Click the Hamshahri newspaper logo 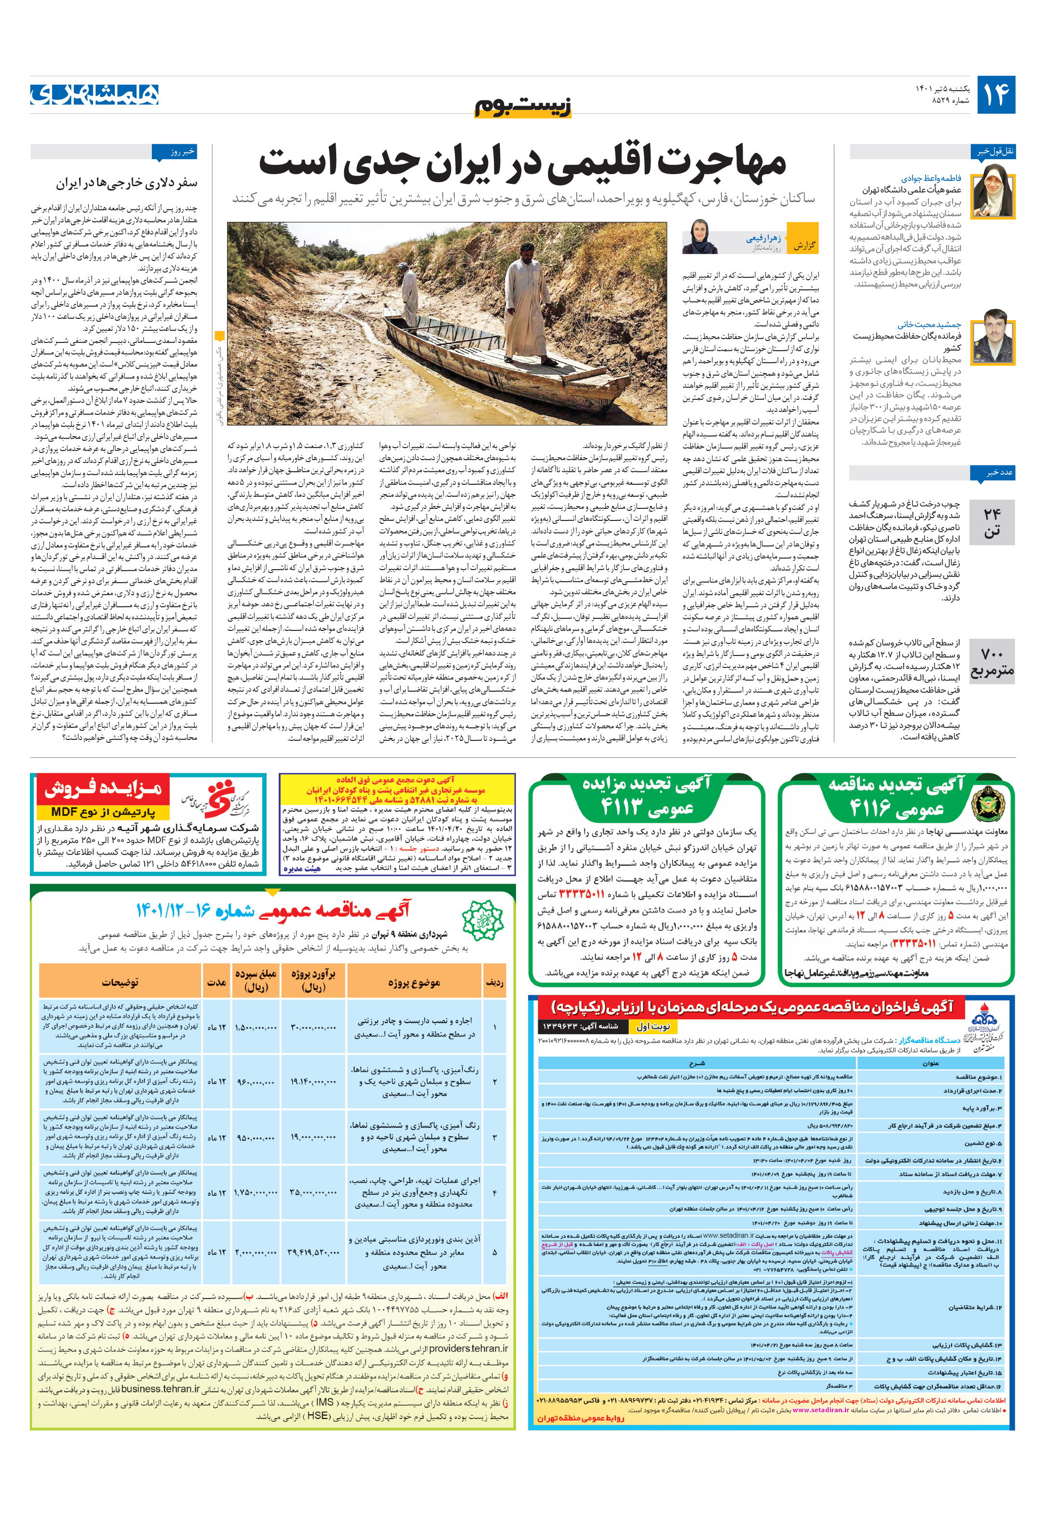coord(95,93)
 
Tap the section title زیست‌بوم coord(523,106)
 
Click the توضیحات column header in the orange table coord(120,983)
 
